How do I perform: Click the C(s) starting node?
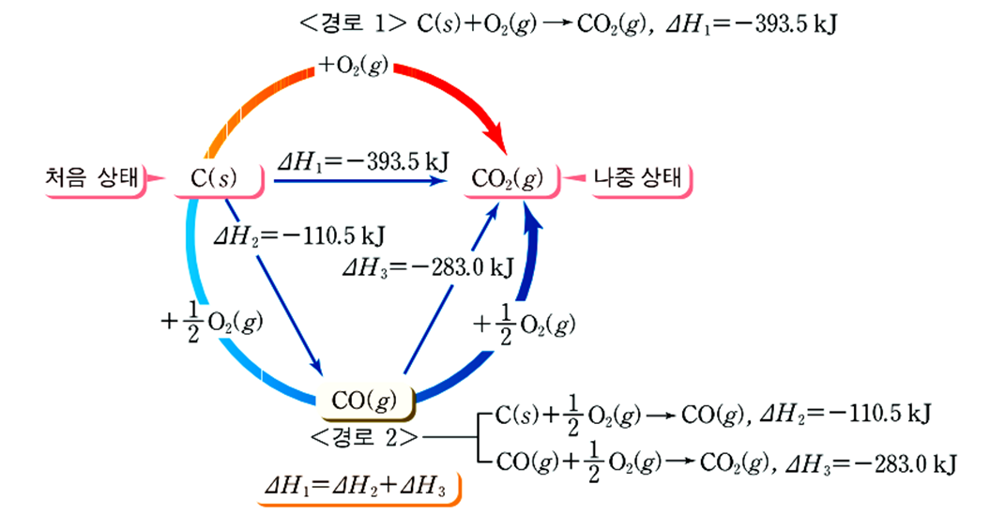tap(215, 179)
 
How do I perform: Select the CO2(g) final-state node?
tap(507, 179)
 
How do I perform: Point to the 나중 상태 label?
tap(639, 178)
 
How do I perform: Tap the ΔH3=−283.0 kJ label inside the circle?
tap(427, 266)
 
